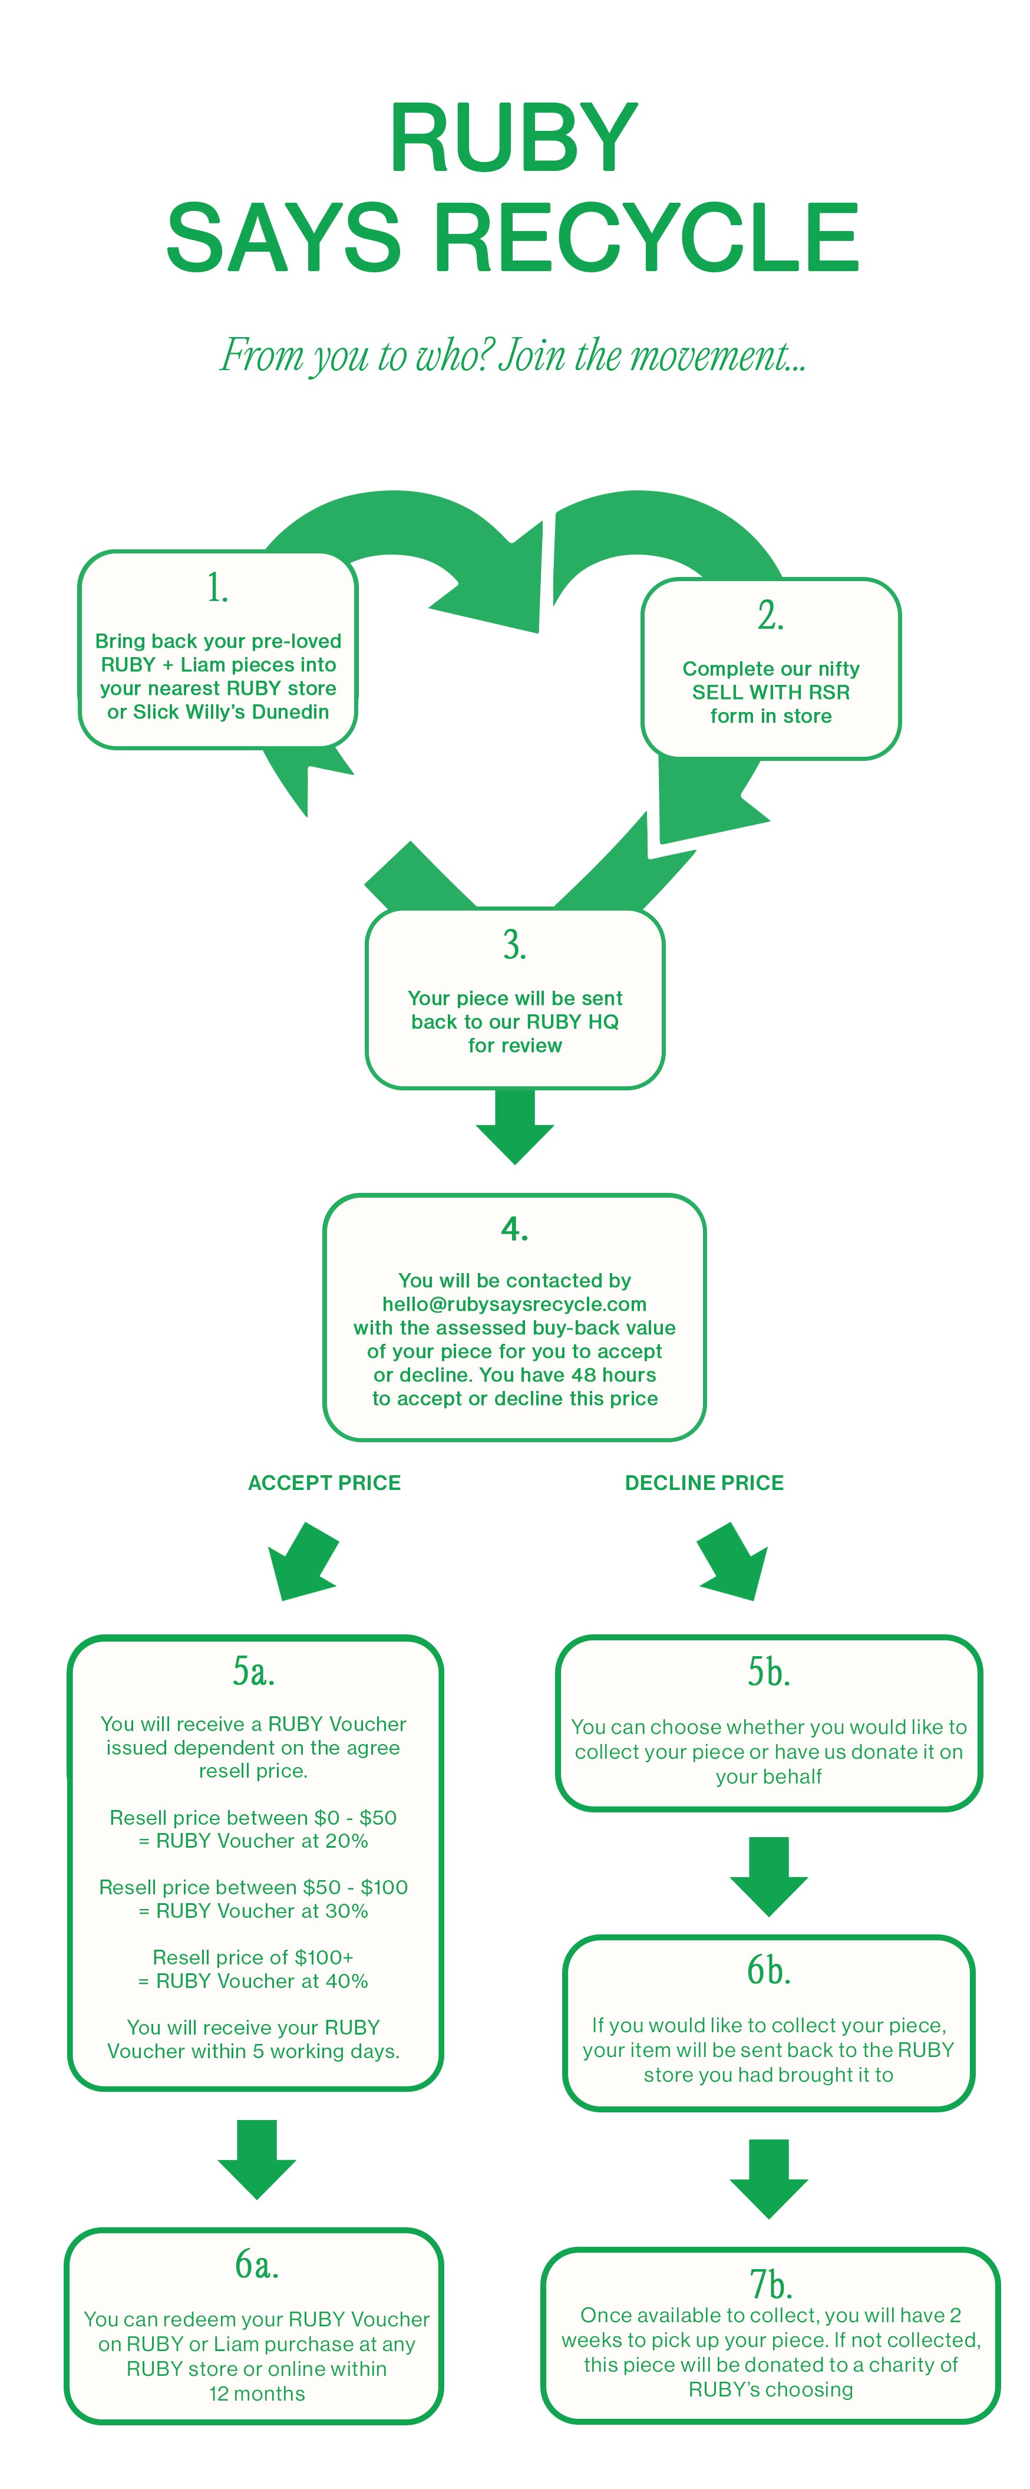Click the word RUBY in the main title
point(514,138)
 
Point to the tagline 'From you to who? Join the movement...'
point(513,355)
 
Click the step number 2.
point(770,615)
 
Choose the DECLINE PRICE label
point(704,1482)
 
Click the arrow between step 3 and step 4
point(515,1126)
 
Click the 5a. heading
point(253,1670)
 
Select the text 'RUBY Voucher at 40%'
point(262,1981)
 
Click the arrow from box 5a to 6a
point(257,2160)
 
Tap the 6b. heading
point(769,1970)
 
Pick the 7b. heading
point(771,2283)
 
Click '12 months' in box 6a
point(257,2394)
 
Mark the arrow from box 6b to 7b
point(769,2179)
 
